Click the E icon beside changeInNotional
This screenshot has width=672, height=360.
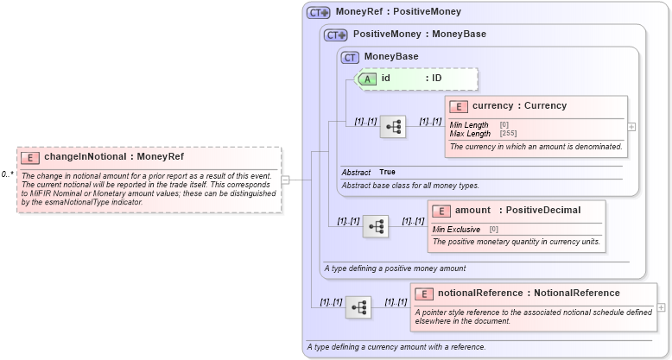tap(30, 157)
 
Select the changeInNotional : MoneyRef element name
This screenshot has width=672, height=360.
tap(113, 157)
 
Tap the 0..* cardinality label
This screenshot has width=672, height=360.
tap(7, 174)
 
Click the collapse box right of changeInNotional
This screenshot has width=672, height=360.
tap(285, 180)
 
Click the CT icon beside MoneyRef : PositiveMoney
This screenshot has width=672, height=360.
tap(319, 12)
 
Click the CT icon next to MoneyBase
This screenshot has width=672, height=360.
tap(350, 57)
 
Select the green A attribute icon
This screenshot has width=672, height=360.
tap(366, 79)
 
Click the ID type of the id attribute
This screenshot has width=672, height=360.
tap(437, 79)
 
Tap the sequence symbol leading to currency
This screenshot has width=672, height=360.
tap(393, 126)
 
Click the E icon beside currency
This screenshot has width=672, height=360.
tap(459, 106)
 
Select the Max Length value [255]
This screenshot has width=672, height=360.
tap(509, 134)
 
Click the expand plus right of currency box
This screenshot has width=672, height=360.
tap(631, 126)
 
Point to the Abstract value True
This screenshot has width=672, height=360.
tap(388, 173)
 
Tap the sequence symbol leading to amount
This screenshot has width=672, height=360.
tap(376, 226)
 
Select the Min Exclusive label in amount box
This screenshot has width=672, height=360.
tap(456, 230)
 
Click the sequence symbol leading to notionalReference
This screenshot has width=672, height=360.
tap(358, 306)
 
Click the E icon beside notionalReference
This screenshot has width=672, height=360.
tap(423, 293)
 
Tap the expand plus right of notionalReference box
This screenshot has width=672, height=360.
tap(662, 306)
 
